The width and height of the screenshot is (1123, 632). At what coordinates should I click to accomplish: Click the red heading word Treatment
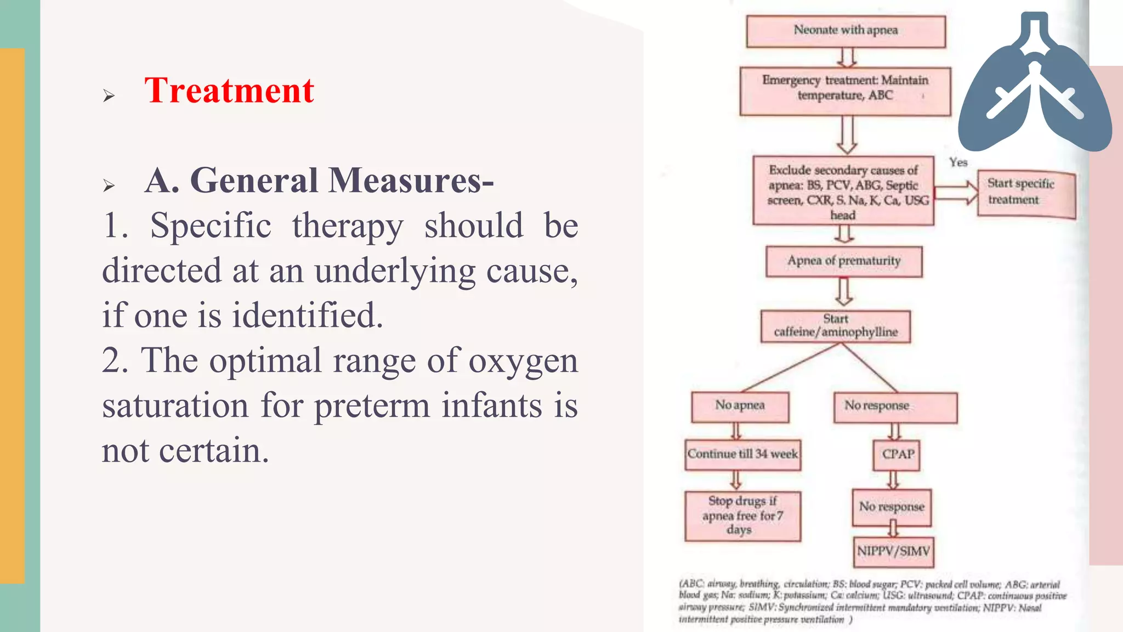coord(229,91)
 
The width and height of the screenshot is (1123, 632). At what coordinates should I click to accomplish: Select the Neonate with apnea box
coord(846,31)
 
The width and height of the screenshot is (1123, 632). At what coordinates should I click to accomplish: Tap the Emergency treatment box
coord(845,91)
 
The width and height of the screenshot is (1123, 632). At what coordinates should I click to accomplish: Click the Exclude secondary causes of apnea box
coord(843,191)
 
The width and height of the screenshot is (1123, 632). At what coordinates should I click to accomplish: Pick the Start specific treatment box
coord(1026,195)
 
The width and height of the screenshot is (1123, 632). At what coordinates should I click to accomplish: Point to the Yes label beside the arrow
coord(958,162)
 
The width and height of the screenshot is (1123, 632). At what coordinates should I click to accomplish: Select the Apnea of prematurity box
coord(844,262)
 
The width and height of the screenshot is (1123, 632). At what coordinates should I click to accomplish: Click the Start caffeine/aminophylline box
coord(836,326)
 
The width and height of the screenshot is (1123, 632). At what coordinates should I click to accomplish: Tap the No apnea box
coord(740,407)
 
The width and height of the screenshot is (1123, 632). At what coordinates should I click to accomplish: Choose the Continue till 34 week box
coord(742,455)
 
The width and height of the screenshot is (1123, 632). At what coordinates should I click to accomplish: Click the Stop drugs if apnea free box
coord(742,516)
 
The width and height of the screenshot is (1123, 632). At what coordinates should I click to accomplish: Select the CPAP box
coord(897,455)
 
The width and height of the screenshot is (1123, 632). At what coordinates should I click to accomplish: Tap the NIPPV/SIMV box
coord(893,551)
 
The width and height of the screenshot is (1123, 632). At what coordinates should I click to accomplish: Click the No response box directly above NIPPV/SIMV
coord(892,507)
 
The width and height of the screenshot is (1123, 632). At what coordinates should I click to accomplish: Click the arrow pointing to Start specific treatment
coord(956,193)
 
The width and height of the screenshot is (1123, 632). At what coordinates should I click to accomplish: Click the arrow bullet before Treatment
coord(109,96)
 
